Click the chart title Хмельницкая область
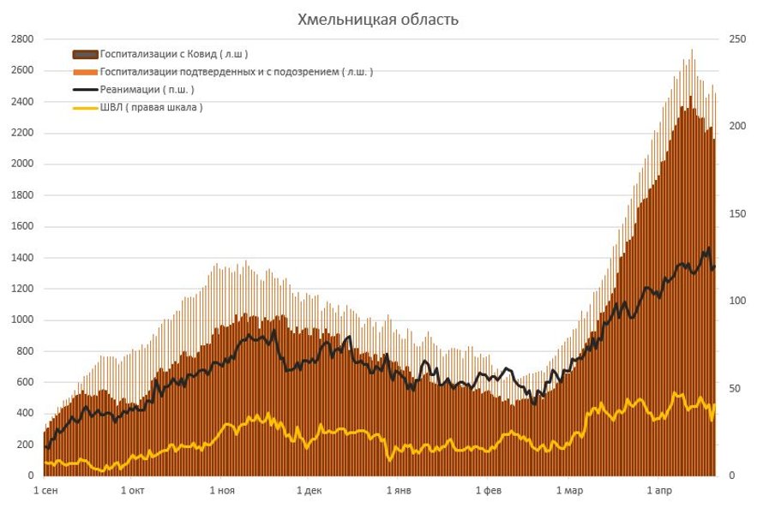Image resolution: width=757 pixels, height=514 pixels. (x=378, y=20)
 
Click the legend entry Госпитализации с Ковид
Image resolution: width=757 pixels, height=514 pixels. (x=174, y=54)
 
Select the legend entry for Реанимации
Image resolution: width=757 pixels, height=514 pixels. (x=147, y=89)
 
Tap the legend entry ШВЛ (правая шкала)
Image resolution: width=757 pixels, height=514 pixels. (x=152, y=107)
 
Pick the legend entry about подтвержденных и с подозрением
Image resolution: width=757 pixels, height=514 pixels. (x=237, y=72)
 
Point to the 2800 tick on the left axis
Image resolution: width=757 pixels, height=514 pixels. (x=22, y=39)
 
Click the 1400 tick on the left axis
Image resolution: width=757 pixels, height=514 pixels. (x=22, y=258)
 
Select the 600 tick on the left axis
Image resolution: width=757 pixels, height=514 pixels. (x=25, y=383)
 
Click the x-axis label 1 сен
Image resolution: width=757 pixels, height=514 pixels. (x=46, y=491)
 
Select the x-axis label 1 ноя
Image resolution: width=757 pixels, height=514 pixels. (x=221, y=491)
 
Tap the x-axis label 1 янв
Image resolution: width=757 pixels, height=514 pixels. (x=399, y=491)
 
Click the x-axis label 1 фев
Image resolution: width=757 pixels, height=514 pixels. (x=489, y=491)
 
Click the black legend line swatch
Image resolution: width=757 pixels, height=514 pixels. (x=85, y=89)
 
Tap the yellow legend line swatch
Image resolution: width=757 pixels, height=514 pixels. (x=85, y=107)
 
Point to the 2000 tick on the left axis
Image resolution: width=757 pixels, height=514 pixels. (x=22, y=164)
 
